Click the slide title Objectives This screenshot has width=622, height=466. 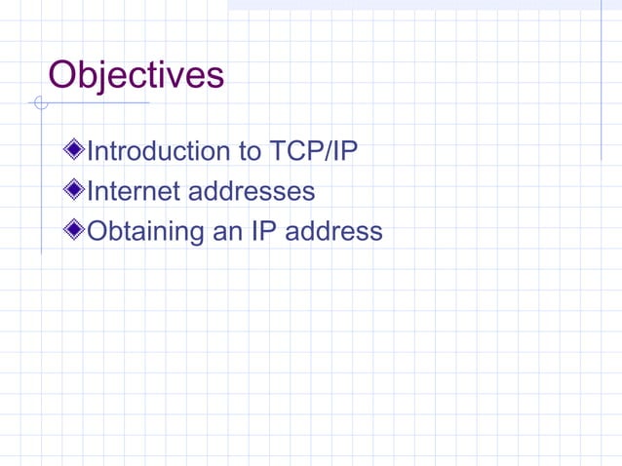136,75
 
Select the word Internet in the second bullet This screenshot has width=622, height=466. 134,191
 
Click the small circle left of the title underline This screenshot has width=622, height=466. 40,103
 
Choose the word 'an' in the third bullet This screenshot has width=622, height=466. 232,231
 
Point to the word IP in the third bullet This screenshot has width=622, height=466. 270,231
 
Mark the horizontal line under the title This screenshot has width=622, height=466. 97,102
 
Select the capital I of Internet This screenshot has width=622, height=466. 91,191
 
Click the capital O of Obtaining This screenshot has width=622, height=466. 97,231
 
